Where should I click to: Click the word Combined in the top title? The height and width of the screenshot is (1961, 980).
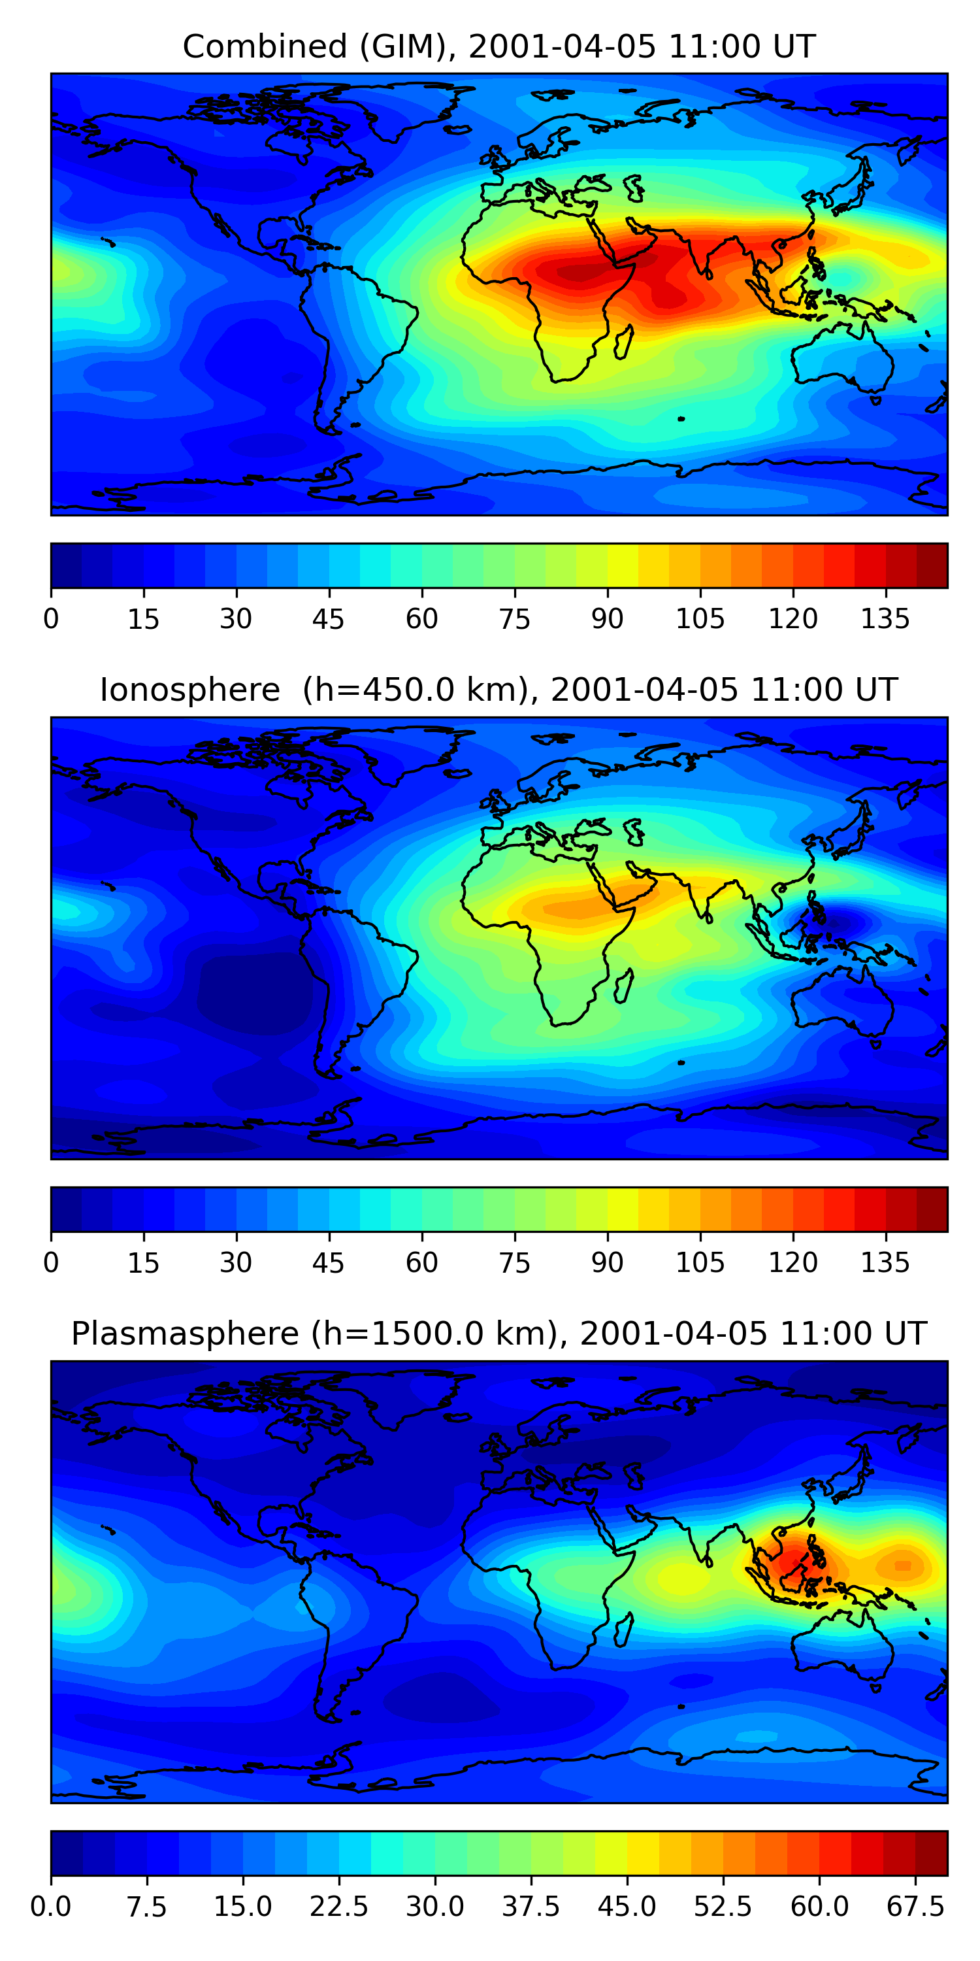(x=253, y=47)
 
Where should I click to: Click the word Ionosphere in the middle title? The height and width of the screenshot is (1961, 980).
(x=189, y=690)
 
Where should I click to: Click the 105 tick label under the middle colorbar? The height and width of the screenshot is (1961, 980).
(x=700, y=1263)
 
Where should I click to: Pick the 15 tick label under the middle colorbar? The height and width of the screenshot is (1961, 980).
(x=143, y=1263)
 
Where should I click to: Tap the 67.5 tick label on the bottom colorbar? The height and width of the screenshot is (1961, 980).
(x=915, y=1907)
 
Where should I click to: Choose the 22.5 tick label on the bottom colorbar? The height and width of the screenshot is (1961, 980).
(x=338, y=1907)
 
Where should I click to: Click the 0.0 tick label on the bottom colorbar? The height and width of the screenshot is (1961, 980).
(x=51, y=1907)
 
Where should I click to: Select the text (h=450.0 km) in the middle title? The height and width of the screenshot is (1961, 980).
(x=416, y=690)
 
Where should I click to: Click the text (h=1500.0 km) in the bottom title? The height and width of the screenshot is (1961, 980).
(x=434, y=1333)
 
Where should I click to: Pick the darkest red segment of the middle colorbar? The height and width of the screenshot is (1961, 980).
(x=932, y=1209)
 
